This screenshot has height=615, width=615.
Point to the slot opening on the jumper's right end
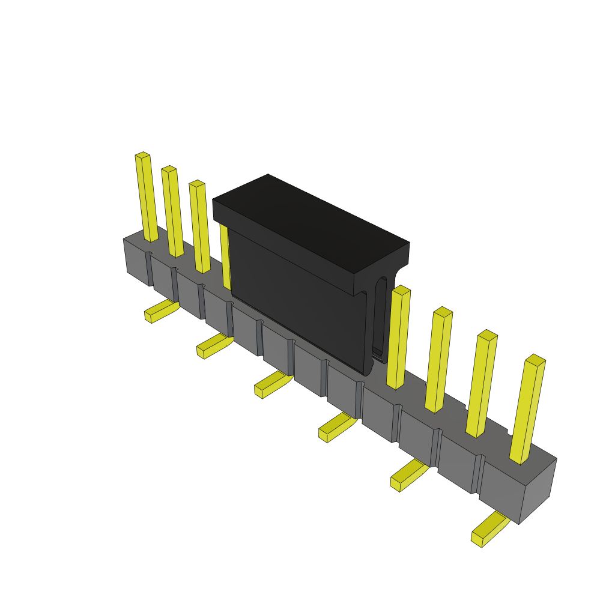[380, 318]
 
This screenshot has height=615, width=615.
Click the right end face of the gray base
[538, 489]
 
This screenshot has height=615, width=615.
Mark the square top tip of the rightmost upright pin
[535, 360]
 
